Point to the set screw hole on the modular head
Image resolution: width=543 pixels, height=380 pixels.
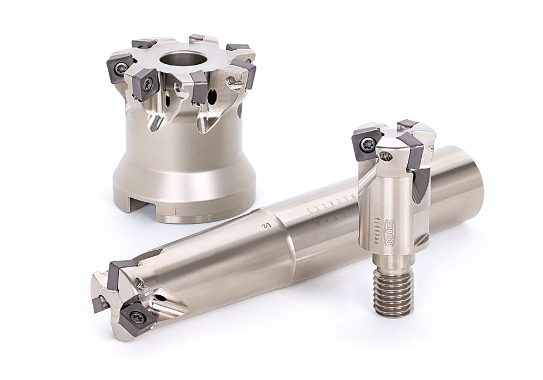[x=384, y=155]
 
